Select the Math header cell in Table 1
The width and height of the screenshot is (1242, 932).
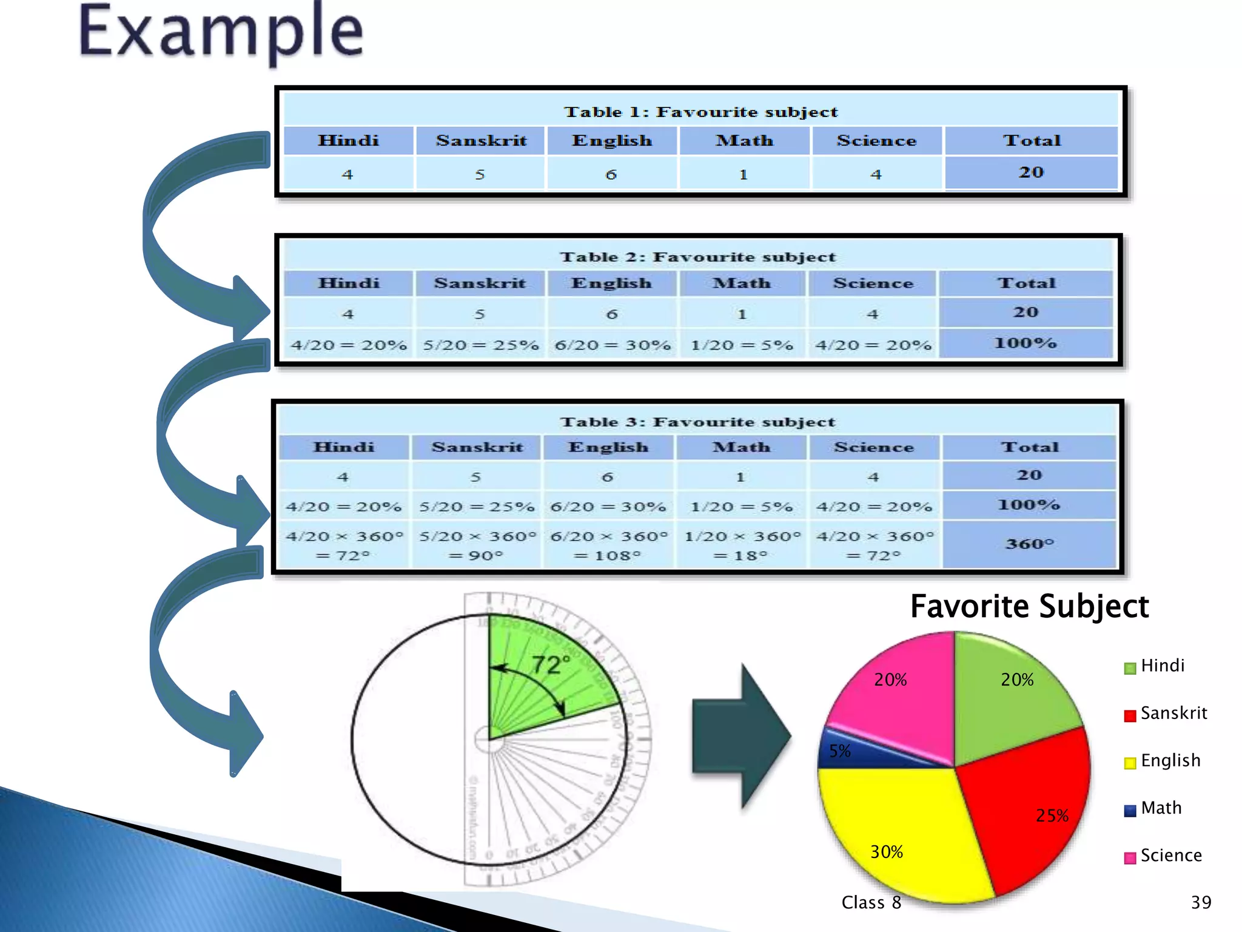[x=744, y=141]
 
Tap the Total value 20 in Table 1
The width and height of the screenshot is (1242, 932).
[x=1031, y=172]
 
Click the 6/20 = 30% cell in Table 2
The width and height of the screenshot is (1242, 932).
[x=613, y=345]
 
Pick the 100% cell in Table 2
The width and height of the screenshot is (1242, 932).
[x=1025, y=343]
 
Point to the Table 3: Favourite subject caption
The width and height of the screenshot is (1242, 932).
[x=697, y=422]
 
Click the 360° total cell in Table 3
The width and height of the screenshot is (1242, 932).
[x=1030, y=544]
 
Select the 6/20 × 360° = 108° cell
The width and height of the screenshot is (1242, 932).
[x=608, y=545]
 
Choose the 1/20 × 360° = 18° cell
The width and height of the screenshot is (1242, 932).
[x=742, y=545]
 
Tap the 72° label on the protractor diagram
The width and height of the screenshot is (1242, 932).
[x=550, y=665]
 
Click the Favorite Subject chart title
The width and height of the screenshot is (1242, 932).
[x=1029, y=607]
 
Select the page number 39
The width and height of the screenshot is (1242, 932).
[x=1201, y=902]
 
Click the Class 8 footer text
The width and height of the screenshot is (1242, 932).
[x=871, y=903]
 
